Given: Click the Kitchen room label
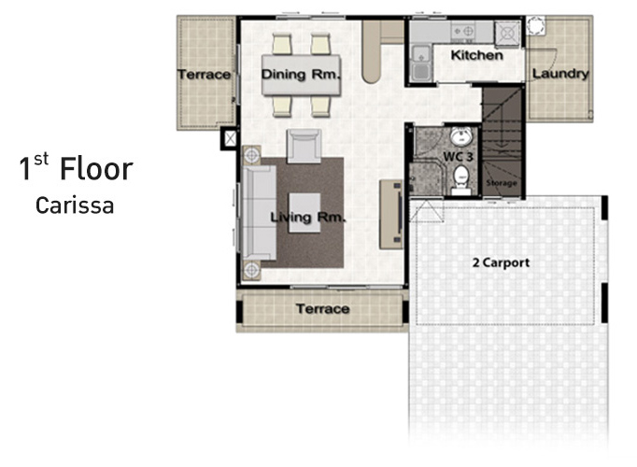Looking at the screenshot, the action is [476, 55].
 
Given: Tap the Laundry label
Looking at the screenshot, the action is [560, 74].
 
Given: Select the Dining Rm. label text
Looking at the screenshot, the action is [300, 75].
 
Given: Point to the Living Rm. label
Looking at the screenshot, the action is [308, 218].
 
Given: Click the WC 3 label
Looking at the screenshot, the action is [458, 157].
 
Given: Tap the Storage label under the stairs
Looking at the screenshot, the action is [502, 183].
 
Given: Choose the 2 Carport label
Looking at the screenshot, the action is [501, 262].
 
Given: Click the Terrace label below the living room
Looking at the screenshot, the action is [322, 309].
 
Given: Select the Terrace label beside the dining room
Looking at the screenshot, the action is [204, 75].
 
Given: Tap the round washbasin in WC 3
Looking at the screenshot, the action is [461, 136].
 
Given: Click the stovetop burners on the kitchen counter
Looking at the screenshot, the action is [462, 32].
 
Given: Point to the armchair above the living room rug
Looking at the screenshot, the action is [304, 147].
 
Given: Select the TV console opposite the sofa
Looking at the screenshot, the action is [390, 214].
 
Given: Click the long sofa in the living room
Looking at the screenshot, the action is [259, 212].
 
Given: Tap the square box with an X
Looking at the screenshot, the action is [230, 138].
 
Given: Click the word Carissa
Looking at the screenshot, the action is [75, 205].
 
